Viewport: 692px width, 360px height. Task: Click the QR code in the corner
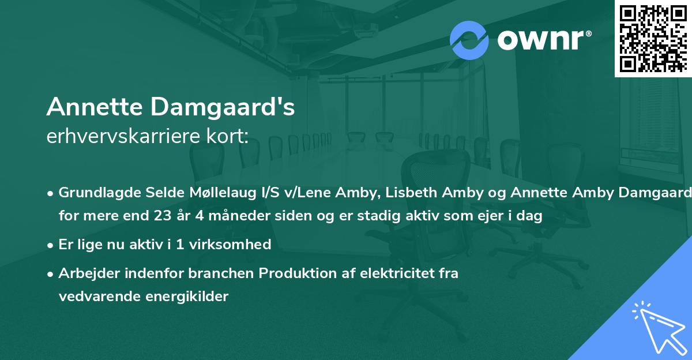tap(653, 38)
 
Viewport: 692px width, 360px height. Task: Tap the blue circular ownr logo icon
tap(469, 40)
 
